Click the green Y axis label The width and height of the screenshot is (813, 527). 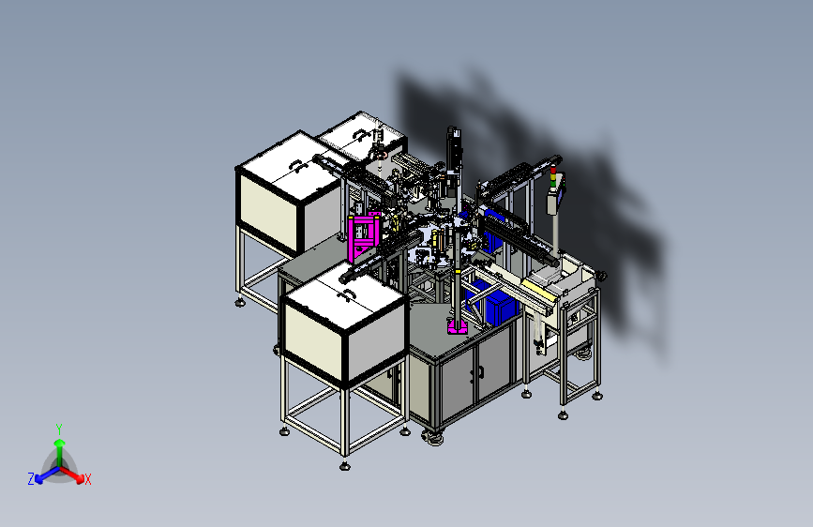click(x=59, y=429)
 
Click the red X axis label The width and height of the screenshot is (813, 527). click(x=87, y=479)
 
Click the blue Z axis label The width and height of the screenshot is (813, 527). click(x=31, y=479)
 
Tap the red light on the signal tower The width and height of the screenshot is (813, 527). click(x=552, y=170)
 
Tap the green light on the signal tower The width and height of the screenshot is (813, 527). click(x=552, y=184)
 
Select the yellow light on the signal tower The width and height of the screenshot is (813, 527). click(x=552, y=177)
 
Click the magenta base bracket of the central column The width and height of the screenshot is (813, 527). click(x=458, y=326)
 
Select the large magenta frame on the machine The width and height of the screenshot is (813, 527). click(x=364, y=236)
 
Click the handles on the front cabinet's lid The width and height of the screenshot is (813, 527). click(x=344, y=295)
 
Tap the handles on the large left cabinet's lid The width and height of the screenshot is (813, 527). click(x=297, y=166)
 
